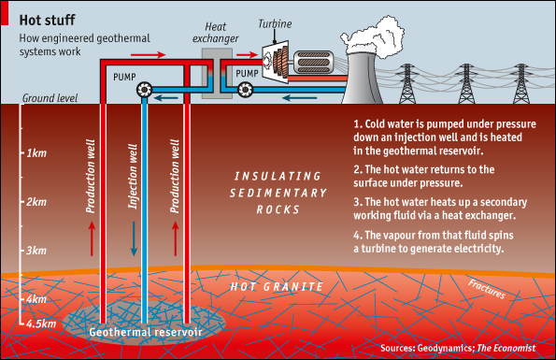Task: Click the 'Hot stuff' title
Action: pyautogui.click(x=47, y=21)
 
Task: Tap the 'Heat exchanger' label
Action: pyautogui.click(x=216, y=33)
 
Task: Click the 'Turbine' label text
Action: pyautogui.click(x=275, y=23)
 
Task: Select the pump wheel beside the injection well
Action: pyautogui.click(x=144, y=90)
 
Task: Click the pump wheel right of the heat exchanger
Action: pyautogui.click(x=245, y=90)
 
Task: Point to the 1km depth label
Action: pyautogui.click(x=36, y=153)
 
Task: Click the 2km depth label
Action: pyautogui.click(x=36, y=202)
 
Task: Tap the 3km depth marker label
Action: pyautogui.click(x=36, y=251)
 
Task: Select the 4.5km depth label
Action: pyautogui.click(x=41, y=324)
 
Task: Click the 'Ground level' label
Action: pyautogui.click(x=50, y=98)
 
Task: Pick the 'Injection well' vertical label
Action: pyautogui.click(x=133, y=177)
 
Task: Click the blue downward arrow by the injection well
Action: pyautogui.click(x=134, y=238)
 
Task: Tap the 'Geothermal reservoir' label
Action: pyautogui.click(x=146, y=332)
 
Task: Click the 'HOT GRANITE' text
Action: pyautogui.click(x=277, y=286)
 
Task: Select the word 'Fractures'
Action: pyautogui.click(x=487, y=289)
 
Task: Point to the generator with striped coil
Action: pyautogui.click(x=313, y=63)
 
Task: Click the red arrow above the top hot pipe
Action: pyautogui.click(x=149, y=54)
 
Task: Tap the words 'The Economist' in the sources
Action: pyautogui.click(x=506, y=348)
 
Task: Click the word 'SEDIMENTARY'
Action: pyautogui.click(x=278, y=193)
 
